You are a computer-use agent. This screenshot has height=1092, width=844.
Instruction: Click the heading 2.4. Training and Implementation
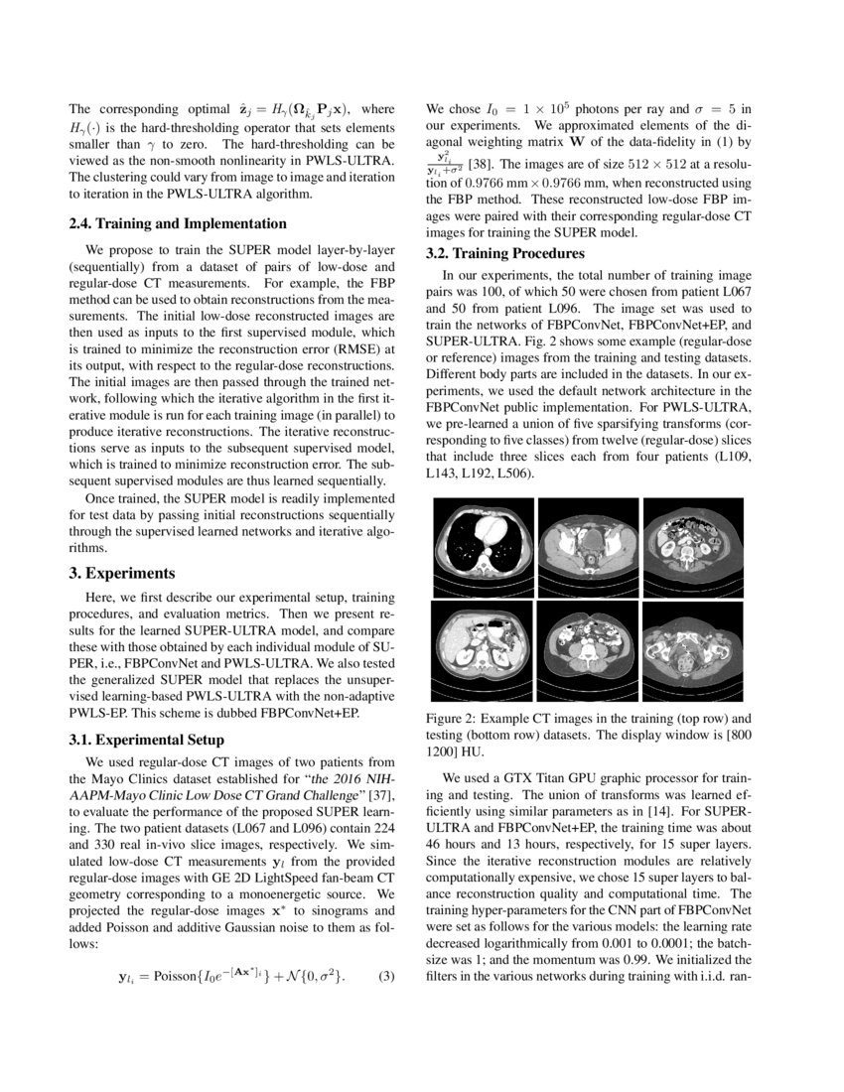(178, 223)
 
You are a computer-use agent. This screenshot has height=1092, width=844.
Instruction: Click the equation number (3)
(387, 978)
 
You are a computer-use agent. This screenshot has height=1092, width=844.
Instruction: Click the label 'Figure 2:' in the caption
(453, 717)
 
